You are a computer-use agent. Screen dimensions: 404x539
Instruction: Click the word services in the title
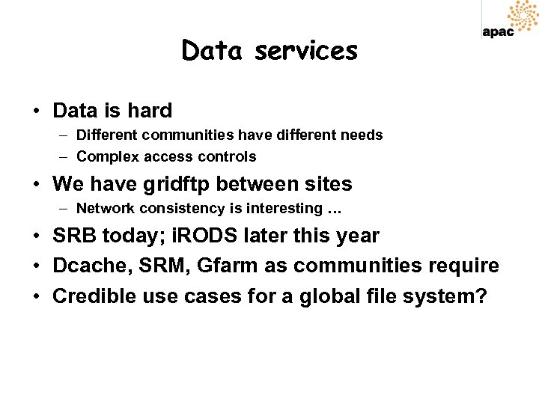coord(306,51)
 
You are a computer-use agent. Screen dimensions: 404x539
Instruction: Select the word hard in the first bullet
coord(149,111)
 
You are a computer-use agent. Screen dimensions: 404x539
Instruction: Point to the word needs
coord(362,135)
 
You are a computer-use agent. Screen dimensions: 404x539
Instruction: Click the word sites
coord(326,184)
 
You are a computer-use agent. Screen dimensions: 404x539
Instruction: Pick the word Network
coord(104,208)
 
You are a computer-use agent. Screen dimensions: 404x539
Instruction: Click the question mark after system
coord(481,296)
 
